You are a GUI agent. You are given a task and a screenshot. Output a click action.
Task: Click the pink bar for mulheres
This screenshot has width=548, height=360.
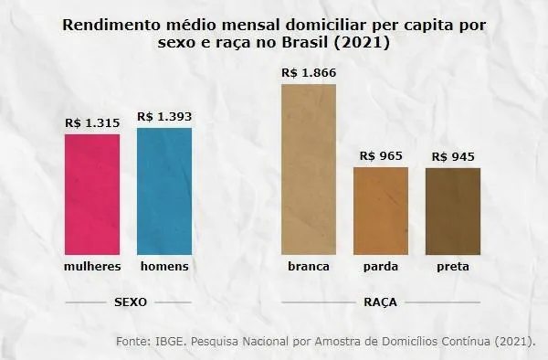(91, 195)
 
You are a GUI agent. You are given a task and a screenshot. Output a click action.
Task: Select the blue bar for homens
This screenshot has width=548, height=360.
(164, 191)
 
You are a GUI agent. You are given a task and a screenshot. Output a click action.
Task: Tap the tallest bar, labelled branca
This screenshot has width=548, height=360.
(308, 169)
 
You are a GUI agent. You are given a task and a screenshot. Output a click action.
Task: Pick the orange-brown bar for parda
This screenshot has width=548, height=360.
(380, 211)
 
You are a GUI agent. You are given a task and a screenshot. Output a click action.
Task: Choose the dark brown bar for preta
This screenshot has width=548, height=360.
(452, 211)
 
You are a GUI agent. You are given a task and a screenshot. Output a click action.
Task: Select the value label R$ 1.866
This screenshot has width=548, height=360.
(308, 72)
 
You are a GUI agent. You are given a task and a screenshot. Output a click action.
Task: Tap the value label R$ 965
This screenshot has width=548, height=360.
(381, 156)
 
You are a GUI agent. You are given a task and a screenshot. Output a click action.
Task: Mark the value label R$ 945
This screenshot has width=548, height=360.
(453, 156)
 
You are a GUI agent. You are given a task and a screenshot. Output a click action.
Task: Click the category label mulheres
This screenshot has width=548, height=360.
(91, 267)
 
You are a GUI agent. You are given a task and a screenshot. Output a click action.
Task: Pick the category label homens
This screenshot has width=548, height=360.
(164, 267)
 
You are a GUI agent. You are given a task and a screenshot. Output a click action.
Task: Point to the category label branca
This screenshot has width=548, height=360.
(308, 267)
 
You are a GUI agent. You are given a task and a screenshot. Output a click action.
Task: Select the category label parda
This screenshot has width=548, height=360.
(380, 267)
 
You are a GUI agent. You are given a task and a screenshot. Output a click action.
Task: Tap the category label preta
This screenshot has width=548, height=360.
(452, 267)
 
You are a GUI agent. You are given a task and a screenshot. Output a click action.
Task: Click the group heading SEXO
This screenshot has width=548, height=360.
(129, 301)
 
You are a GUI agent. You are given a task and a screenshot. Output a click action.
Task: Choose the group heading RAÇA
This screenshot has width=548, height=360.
(380, 301)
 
